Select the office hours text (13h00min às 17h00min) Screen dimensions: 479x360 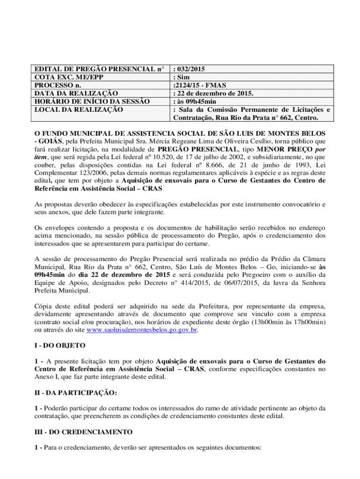[288, 322]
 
